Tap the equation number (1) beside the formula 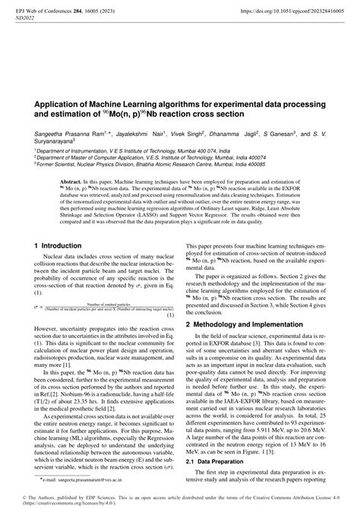tap(171, 292)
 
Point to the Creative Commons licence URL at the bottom tap(65, 502)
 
